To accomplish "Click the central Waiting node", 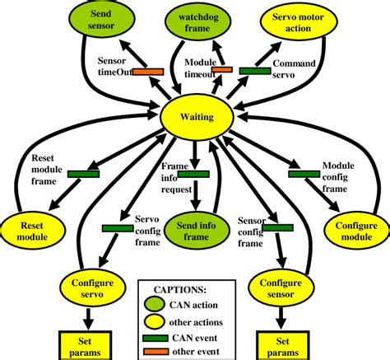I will (197, 117).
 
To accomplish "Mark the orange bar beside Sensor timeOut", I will (148, 72).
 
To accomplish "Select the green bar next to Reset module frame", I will (83, 174).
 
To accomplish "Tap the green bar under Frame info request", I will (196, 175).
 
